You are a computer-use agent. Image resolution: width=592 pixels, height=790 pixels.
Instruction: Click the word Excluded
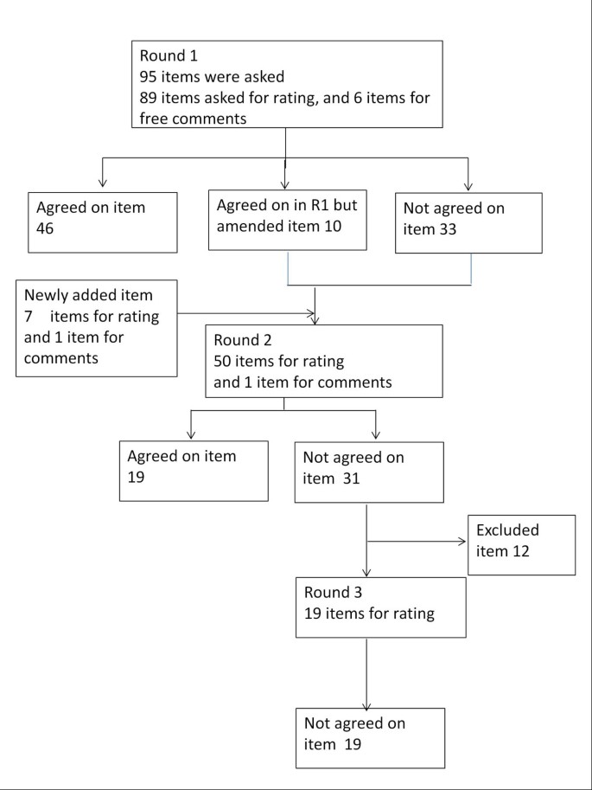tap(507, 530)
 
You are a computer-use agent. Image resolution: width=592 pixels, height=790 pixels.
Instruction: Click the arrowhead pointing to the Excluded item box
tap(462, 543)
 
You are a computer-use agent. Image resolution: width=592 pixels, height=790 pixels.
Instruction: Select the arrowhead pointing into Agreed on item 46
tap(103, 183)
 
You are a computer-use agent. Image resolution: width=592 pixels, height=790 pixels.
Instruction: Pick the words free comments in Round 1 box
tap(194, 118)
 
